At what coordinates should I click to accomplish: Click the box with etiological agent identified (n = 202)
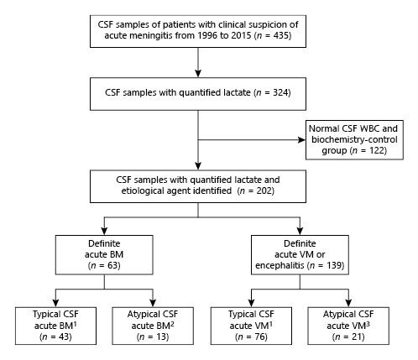(x=196, y=186)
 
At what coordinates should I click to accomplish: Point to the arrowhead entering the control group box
(x=304, y=138)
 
